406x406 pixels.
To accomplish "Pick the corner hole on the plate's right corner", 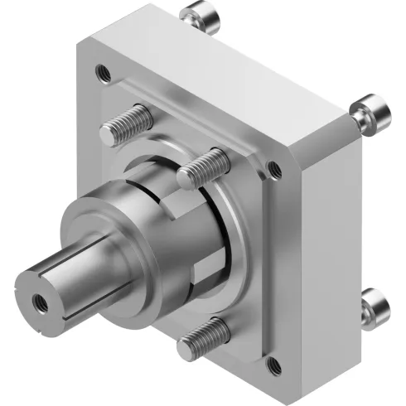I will click(274, 171).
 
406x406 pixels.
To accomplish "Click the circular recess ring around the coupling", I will click(232, 249).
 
